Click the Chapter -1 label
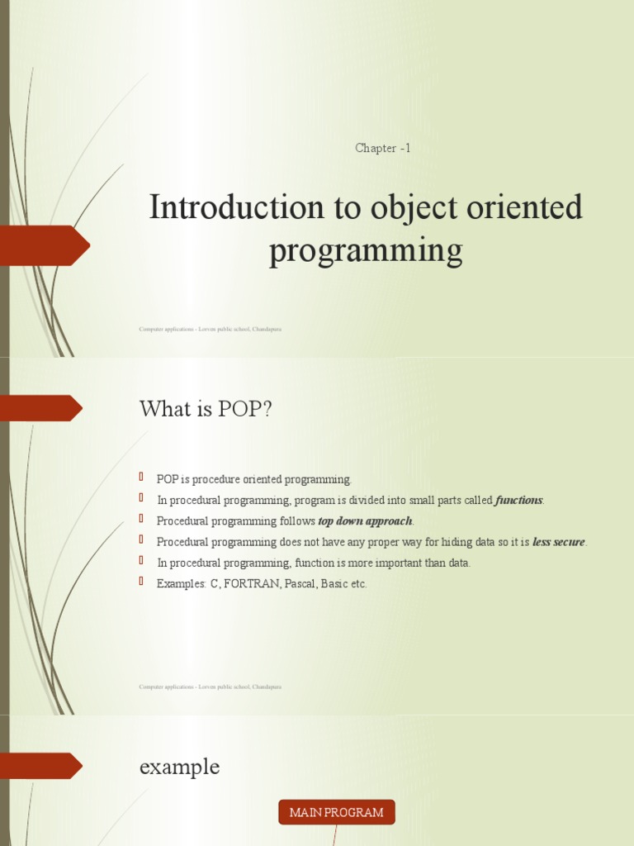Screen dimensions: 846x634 coord(382,149)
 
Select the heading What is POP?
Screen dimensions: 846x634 coord(206,409)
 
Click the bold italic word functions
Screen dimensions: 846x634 coord(519,501)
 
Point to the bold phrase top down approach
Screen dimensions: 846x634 coord(365,521)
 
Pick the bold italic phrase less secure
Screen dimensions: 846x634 coord(559,542)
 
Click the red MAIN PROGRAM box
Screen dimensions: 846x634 coord(336,812)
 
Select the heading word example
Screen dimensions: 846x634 coord(179,767)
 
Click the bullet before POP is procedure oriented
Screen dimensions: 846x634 coord(142,478)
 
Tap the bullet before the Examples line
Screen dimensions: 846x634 coord(142,582)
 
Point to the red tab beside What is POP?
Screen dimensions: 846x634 coord(41,408)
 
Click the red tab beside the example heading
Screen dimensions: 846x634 coord(41,766)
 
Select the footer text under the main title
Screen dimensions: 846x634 coord(211,329)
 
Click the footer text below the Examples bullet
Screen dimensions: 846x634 coord(211,687)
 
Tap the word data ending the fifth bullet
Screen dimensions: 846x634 coord(458,563)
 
